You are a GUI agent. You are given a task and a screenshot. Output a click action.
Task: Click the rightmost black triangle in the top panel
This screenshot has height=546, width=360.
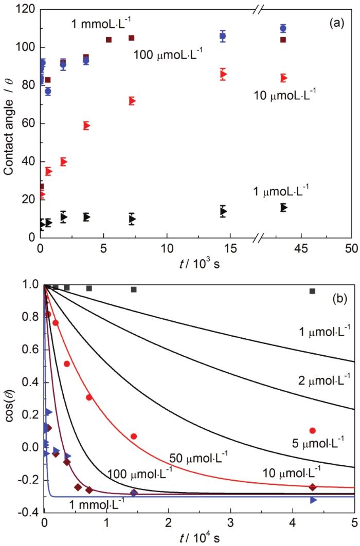point(283,207)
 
